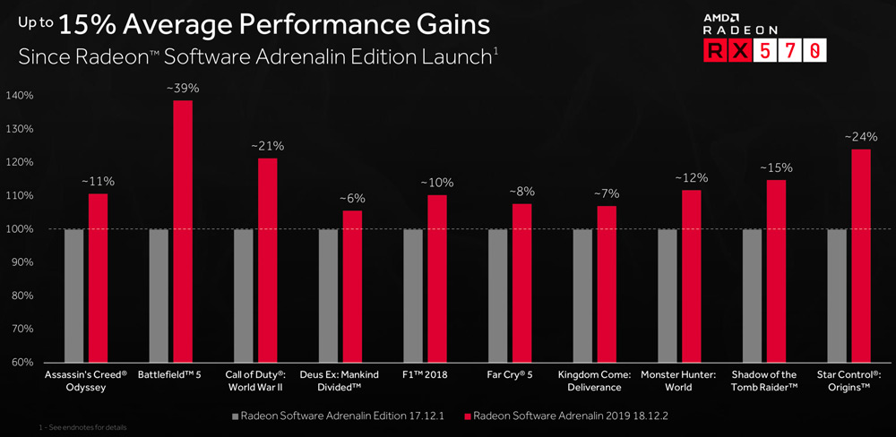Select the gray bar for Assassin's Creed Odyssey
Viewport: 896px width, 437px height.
click(73, 296)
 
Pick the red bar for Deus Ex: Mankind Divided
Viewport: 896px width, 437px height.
click(352, 287)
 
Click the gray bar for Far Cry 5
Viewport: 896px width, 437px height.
click(498, 296)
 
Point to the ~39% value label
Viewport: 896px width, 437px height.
click(183, 88)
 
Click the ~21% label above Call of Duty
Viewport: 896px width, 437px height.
click(267, 146)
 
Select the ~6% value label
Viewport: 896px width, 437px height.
click(352, 198)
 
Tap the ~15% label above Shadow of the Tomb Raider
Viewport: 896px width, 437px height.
click(776, 167)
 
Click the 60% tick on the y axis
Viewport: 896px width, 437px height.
click(22, 363)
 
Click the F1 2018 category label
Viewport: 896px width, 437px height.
click(425, 374)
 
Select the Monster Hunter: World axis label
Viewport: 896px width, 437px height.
click(679, 381)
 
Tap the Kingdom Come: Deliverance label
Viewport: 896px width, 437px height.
click(595, 381)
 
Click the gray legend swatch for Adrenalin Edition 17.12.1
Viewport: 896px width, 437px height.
click(236, 416)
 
